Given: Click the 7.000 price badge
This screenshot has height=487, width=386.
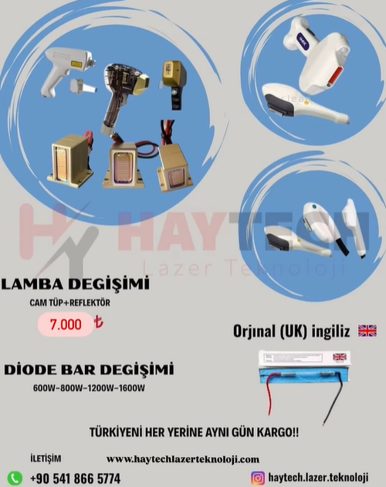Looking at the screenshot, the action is pyautogui.click(x=66, y=324).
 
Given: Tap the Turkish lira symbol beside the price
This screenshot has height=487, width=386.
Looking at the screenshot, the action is pyautogui.click(x=98, y=322).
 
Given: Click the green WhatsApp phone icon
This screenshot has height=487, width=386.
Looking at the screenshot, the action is pyautogui.click(x=15, y=478).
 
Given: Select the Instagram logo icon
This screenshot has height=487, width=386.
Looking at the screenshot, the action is pyautogui.click(x=258, y=478).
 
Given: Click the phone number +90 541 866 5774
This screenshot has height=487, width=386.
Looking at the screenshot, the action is pyautogui.click(x=75, y=478).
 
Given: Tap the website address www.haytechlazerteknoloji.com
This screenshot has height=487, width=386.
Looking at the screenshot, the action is pyautogui.click(x=183, y=459).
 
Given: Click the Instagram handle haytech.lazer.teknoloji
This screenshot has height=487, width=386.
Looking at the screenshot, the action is pyautogui.click(x=318, y=478).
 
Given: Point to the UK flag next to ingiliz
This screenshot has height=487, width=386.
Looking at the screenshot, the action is pyautogui.click(x=367, y=331).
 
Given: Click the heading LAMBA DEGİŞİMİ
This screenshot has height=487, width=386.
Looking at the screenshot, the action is pyautogui.click(x=75, y=284).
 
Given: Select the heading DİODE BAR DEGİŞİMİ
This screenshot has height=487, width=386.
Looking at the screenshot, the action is pyautogui.click(x=89, y=370).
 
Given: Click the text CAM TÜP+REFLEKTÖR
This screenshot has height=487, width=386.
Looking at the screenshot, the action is pyautogui.click(x=69, y=302).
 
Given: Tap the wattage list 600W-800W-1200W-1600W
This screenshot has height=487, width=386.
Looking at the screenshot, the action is pyautogui.click(x=89, y=388).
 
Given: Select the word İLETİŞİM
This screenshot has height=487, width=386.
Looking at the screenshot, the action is pyautogui.click(x=46, y=458).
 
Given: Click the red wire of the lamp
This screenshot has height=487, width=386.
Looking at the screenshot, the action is pyautogui.click(x=269, y=393).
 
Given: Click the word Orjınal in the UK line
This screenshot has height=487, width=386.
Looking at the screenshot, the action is pyautogui.click(x=254, y=331).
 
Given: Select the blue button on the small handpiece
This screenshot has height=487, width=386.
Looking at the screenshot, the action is pyautogui.click(x=313, y=206).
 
